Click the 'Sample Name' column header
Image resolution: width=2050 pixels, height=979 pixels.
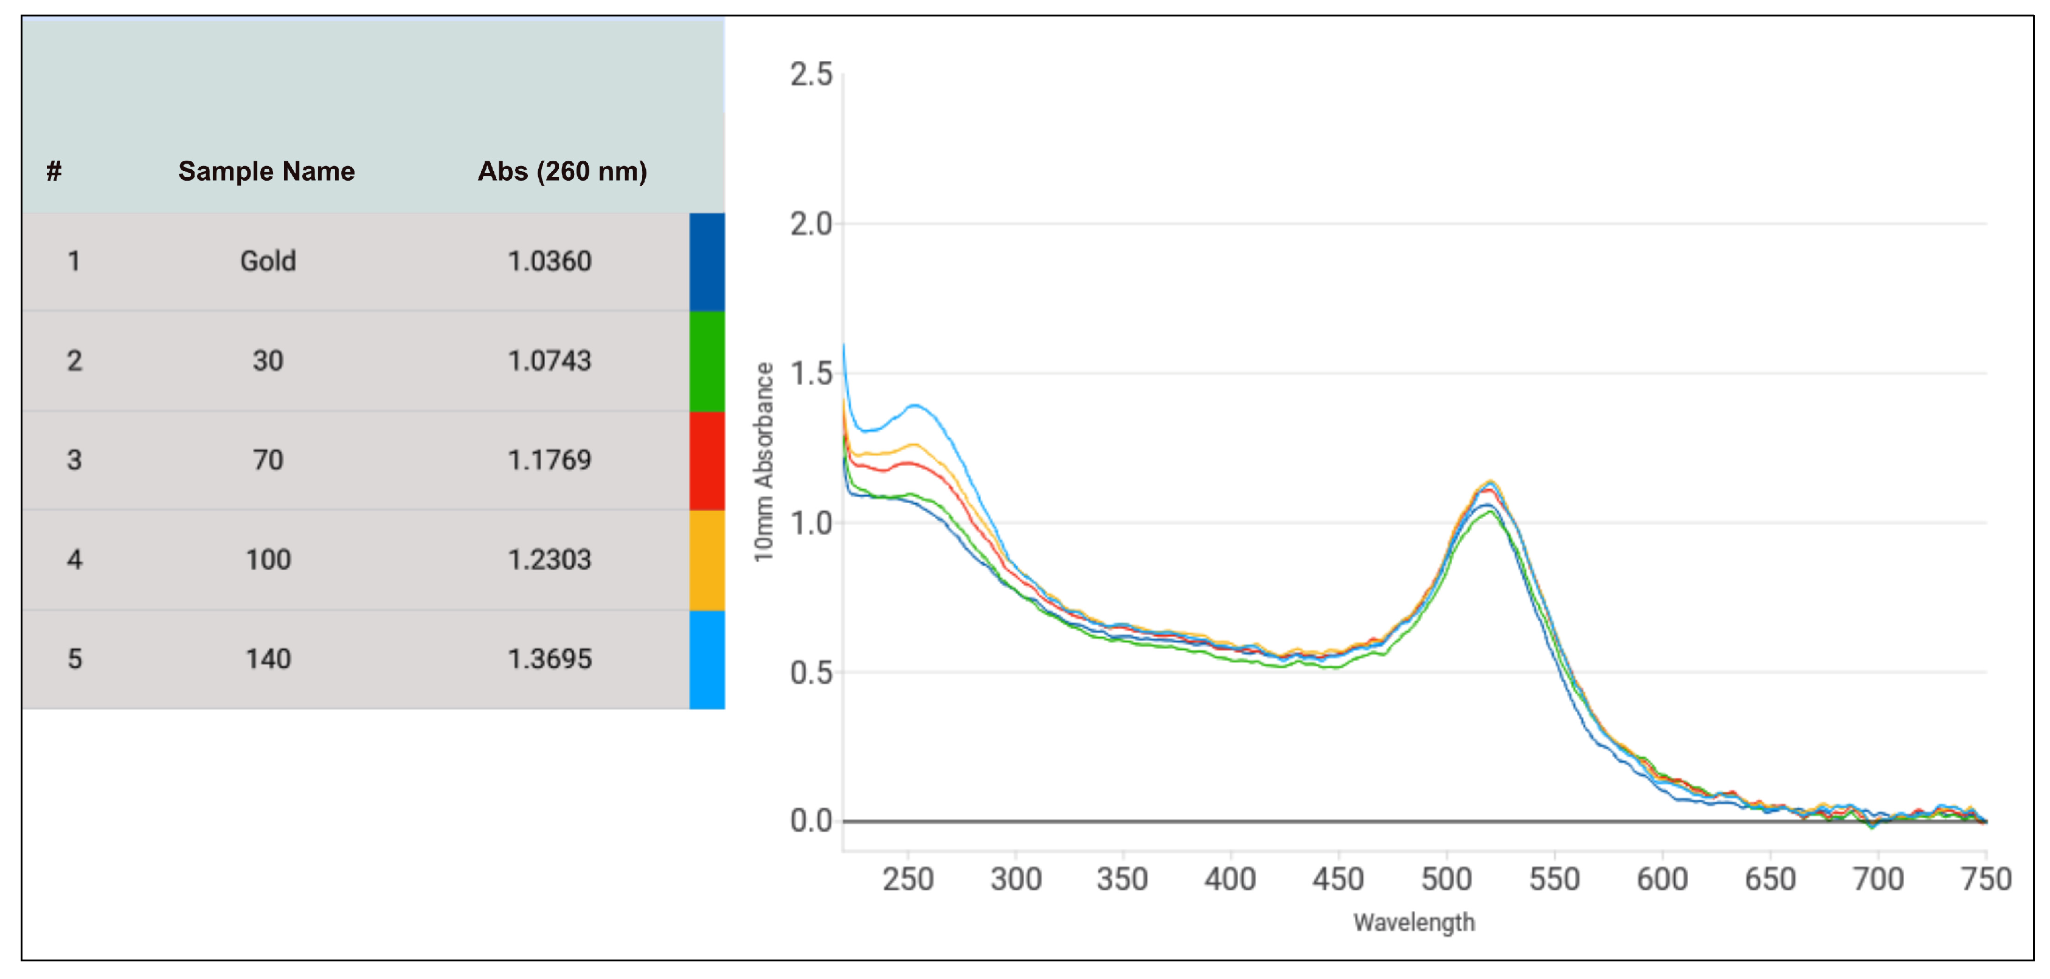click(266, 171)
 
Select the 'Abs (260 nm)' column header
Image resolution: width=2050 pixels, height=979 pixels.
click(562, 171)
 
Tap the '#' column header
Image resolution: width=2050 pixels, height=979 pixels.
click(54, 171)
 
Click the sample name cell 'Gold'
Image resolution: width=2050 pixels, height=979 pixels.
click(268, 261)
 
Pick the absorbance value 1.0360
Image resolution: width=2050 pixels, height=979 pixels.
click(549, 261)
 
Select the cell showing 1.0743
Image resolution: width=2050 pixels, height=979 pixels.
click(549, 361)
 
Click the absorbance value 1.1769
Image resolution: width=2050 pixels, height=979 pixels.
click(549, 460)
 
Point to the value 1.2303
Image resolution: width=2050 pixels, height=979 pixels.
click(549, 560)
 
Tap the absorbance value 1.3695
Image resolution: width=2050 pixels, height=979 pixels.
click(549, 659)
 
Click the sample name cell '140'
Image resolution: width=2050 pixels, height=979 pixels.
click(268, 659)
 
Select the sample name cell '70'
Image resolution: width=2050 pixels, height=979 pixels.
click(268, 460)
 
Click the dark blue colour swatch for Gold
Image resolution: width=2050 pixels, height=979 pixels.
click(707, 261)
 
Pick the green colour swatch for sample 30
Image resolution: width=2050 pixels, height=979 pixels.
click(707, 361)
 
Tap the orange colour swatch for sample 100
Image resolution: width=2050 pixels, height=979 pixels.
click(707, 560)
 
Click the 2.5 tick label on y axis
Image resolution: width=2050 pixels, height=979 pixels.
click(810, 75)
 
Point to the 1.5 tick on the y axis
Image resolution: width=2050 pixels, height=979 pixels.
click(810, 374)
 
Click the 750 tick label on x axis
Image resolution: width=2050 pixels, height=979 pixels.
click(1986, 879)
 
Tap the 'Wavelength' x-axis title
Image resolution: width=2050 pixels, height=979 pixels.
click(1413, 922)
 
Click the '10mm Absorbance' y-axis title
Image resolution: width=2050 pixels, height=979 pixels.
click(764, 462)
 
